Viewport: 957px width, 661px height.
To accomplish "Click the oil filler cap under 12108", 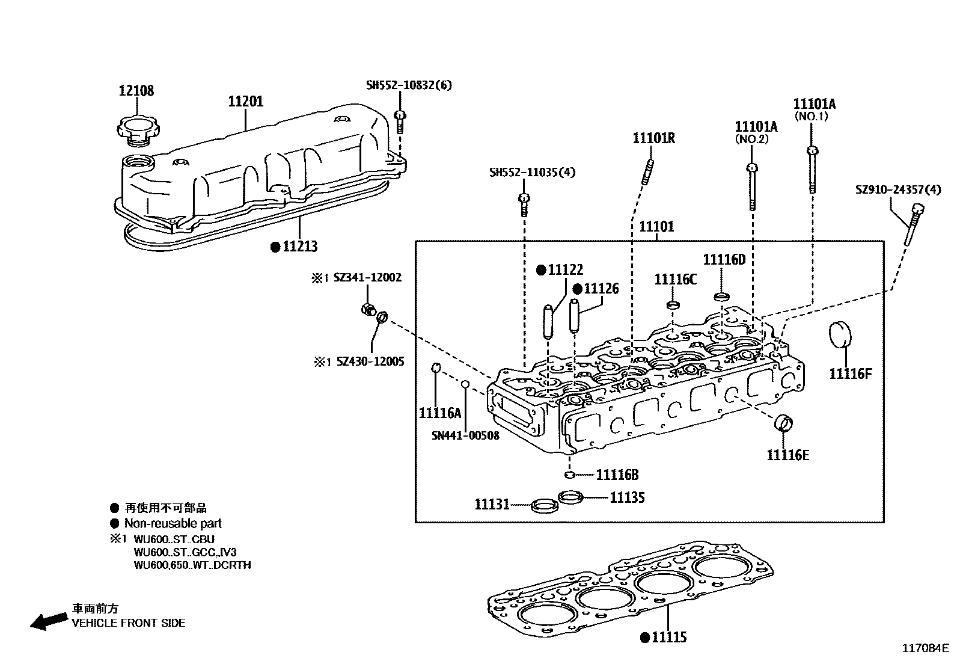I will tap(138, 128).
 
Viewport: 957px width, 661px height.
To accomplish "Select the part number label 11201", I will tap(245, 102).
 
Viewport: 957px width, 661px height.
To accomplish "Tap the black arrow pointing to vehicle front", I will tap(48, 621).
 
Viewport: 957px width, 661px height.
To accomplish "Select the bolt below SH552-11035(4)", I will tap(524, 204).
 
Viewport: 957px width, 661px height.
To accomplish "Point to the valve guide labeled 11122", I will tap(548, 321).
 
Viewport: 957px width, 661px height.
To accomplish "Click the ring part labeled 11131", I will tap(543, 505).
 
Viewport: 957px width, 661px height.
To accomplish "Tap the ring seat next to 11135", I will tap(570, 497).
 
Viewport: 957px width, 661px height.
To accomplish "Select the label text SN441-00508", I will tap(465, 435).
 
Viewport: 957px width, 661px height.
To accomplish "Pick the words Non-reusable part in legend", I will tap(173, 523).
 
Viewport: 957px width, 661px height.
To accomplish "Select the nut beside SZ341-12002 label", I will tap(368, 310).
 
